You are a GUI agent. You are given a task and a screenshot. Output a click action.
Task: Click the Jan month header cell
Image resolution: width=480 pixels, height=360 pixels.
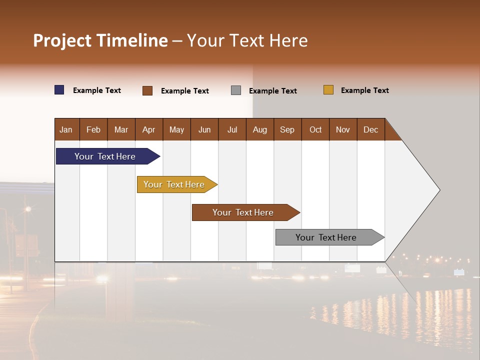coord(66,129)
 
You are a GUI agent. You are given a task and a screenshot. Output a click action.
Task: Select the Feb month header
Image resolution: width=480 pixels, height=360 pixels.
coord(93,129)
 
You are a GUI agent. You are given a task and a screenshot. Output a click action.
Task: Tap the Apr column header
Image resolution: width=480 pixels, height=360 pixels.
coord(149,129)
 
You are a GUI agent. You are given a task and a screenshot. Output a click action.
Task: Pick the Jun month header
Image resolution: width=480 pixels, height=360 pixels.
coord(204,129)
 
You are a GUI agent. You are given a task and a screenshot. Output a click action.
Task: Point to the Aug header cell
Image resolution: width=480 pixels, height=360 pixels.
coord(260,129)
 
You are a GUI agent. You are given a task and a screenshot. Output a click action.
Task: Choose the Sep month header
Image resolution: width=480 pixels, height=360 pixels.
coord(287,129)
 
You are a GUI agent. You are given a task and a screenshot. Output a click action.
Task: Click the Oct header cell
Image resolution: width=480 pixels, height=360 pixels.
coord(315,129)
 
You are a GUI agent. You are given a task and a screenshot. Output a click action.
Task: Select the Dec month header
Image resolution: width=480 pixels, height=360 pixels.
coord(371,129)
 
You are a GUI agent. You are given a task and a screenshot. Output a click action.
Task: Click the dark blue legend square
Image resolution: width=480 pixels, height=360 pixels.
coord(59,90)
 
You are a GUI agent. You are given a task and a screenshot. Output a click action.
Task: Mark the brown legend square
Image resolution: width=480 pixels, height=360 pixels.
coord(147,90)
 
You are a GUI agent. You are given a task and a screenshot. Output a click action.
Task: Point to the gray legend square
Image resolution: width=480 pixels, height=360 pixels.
coord(236,90)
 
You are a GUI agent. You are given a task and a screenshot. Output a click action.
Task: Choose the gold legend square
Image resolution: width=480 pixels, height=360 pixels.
coord(328,90)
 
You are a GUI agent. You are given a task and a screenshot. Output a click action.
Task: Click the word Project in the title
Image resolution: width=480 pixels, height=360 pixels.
coord(62,40)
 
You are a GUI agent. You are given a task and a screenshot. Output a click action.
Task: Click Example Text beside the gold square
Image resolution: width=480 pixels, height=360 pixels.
coord(364,90)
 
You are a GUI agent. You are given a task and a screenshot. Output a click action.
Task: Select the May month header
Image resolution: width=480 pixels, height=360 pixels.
coord(176,129)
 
